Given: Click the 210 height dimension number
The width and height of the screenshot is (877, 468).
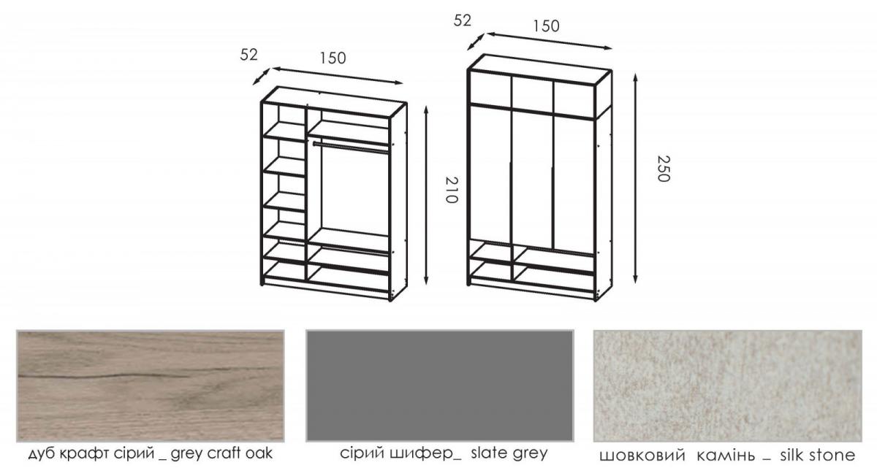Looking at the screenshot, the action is [452, 190].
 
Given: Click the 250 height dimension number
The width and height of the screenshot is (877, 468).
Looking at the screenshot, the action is [664, 169].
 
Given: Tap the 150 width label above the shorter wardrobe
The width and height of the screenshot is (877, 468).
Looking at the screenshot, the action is [333, 58].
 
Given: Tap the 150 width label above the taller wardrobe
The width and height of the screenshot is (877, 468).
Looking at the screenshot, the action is [546, 26].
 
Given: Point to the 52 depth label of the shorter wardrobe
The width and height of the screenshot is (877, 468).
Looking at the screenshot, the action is [248, 55].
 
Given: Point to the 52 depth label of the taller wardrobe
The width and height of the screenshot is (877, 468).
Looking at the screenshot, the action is [462, 20].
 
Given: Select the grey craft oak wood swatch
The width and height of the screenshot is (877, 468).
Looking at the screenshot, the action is [151, 386].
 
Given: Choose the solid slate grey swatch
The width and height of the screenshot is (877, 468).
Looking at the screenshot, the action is [440, 386].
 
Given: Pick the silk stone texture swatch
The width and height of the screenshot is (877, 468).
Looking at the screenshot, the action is [727, 386].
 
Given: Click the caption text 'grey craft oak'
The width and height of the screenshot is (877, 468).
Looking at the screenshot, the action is [221, 453].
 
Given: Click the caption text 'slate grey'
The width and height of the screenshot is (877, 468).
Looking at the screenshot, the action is [509, 453].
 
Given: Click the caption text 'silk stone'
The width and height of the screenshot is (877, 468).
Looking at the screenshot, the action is [818, 455].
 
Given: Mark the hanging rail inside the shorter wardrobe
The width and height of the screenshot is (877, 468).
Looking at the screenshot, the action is [352, 147].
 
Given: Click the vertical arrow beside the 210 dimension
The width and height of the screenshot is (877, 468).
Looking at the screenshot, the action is [426, 195].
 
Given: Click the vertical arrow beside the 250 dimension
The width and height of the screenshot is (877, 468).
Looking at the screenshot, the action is [635, 178].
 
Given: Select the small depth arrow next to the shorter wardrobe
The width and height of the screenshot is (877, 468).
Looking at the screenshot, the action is [261, 76].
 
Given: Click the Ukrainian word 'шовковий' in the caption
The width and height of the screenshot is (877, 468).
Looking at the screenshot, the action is [642, 456].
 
